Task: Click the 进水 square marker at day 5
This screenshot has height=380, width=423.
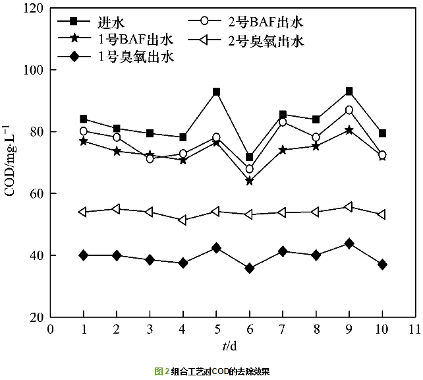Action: (x=216, y=92)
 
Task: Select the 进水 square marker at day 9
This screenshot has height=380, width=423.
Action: (x=349, y=91)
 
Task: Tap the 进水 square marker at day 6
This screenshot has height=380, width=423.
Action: (x=249, y=157)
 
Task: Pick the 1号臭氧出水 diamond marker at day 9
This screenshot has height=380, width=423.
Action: (x=349, y=243)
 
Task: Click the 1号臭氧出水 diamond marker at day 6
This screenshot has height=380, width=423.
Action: (x=249, y=268)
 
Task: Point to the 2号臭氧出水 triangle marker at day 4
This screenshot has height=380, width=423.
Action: (x=183, y=220)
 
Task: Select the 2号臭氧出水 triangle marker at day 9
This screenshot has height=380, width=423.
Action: (x=349, y=207)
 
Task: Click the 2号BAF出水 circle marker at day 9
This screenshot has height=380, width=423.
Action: (x=349, y=110)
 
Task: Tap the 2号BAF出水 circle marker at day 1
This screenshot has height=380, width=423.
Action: (x=84, y=131)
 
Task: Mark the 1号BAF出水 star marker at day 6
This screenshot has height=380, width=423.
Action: (x=249, y=181)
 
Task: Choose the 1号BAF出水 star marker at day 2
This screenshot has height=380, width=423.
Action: (x=117, y=151)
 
